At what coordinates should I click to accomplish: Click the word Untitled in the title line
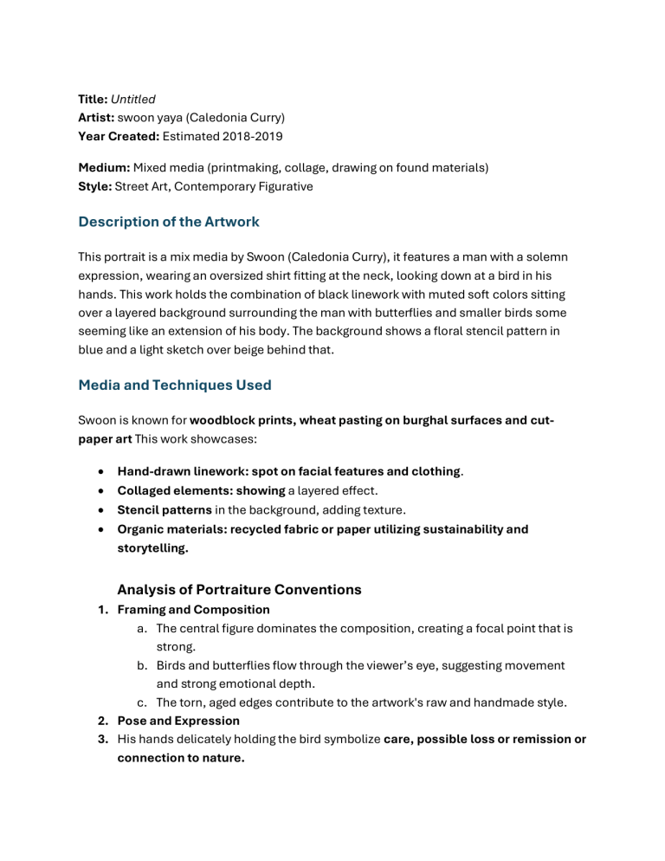[132, 100]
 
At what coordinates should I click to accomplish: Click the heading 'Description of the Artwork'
[168, 222]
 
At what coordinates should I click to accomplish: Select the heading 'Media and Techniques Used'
[174, 385]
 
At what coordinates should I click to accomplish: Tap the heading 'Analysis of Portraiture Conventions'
[239, 590]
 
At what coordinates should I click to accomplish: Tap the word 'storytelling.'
[152, 547]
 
